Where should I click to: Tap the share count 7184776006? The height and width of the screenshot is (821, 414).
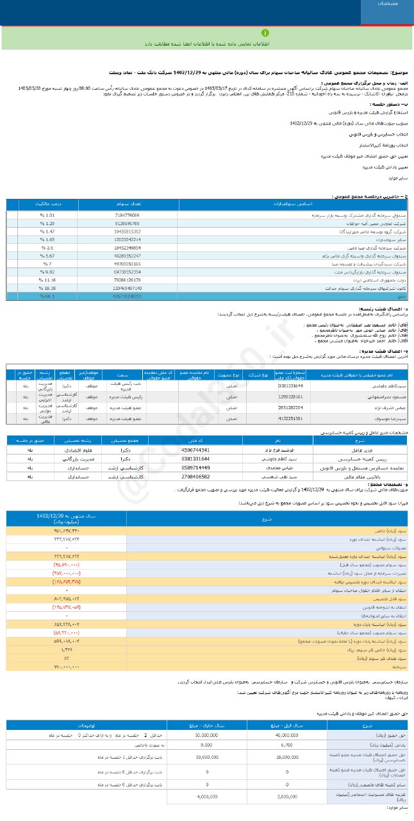pos(126,215)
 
